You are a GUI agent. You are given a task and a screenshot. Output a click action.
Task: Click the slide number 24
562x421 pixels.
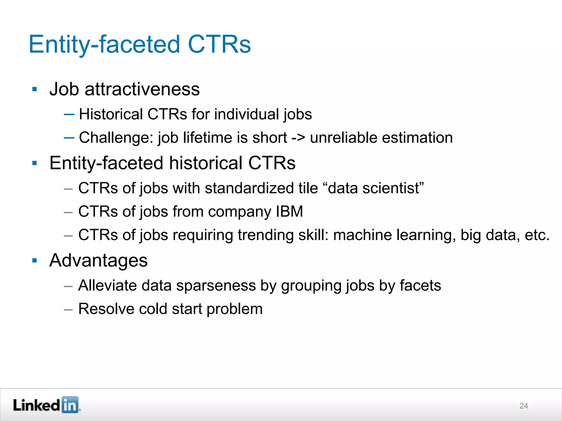pos(524,406)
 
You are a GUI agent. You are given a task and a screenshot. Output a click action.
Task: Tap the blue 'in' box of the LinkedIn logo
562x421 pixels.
pos(70,405)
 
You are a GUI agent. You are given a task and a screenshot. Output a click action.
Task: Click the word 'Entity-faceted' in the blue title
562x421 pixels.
pos(104,44)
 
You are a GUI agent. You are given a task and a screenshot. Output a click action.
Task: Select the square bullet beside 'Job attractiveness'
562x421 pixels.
pos(35,89)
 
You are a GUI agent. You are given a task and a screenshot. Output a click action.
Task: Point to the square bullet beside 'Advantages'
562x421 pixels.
pos(35,260)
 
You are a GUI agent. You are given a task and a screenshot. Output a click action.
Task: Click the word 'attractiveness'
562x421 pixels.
pos(142,89)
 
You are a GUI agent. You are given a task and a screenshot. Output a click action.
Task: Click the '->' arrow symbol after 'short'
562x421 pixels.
pos(298,138)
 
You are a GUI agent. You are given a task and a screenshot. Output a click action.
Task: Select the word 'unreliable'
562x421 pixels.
pos(344,138)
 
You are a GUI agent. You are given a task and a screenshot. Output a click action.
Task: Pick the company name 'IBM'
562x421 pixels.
pos(289,212)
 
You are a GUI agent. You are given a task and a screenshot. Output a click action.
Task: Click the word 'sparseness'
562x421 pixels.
pos(216,286)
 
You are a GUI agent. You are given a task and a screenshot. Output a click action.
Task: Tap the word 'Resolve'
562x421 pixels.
pos(106,309)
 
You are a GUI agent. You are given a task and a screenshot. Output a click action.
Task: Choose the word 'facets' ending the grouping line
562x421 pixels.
pos(420,286)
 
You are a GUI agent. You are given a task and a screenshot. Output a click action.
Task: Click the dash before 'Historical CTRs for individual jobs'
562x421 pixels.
pos(69,114)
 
